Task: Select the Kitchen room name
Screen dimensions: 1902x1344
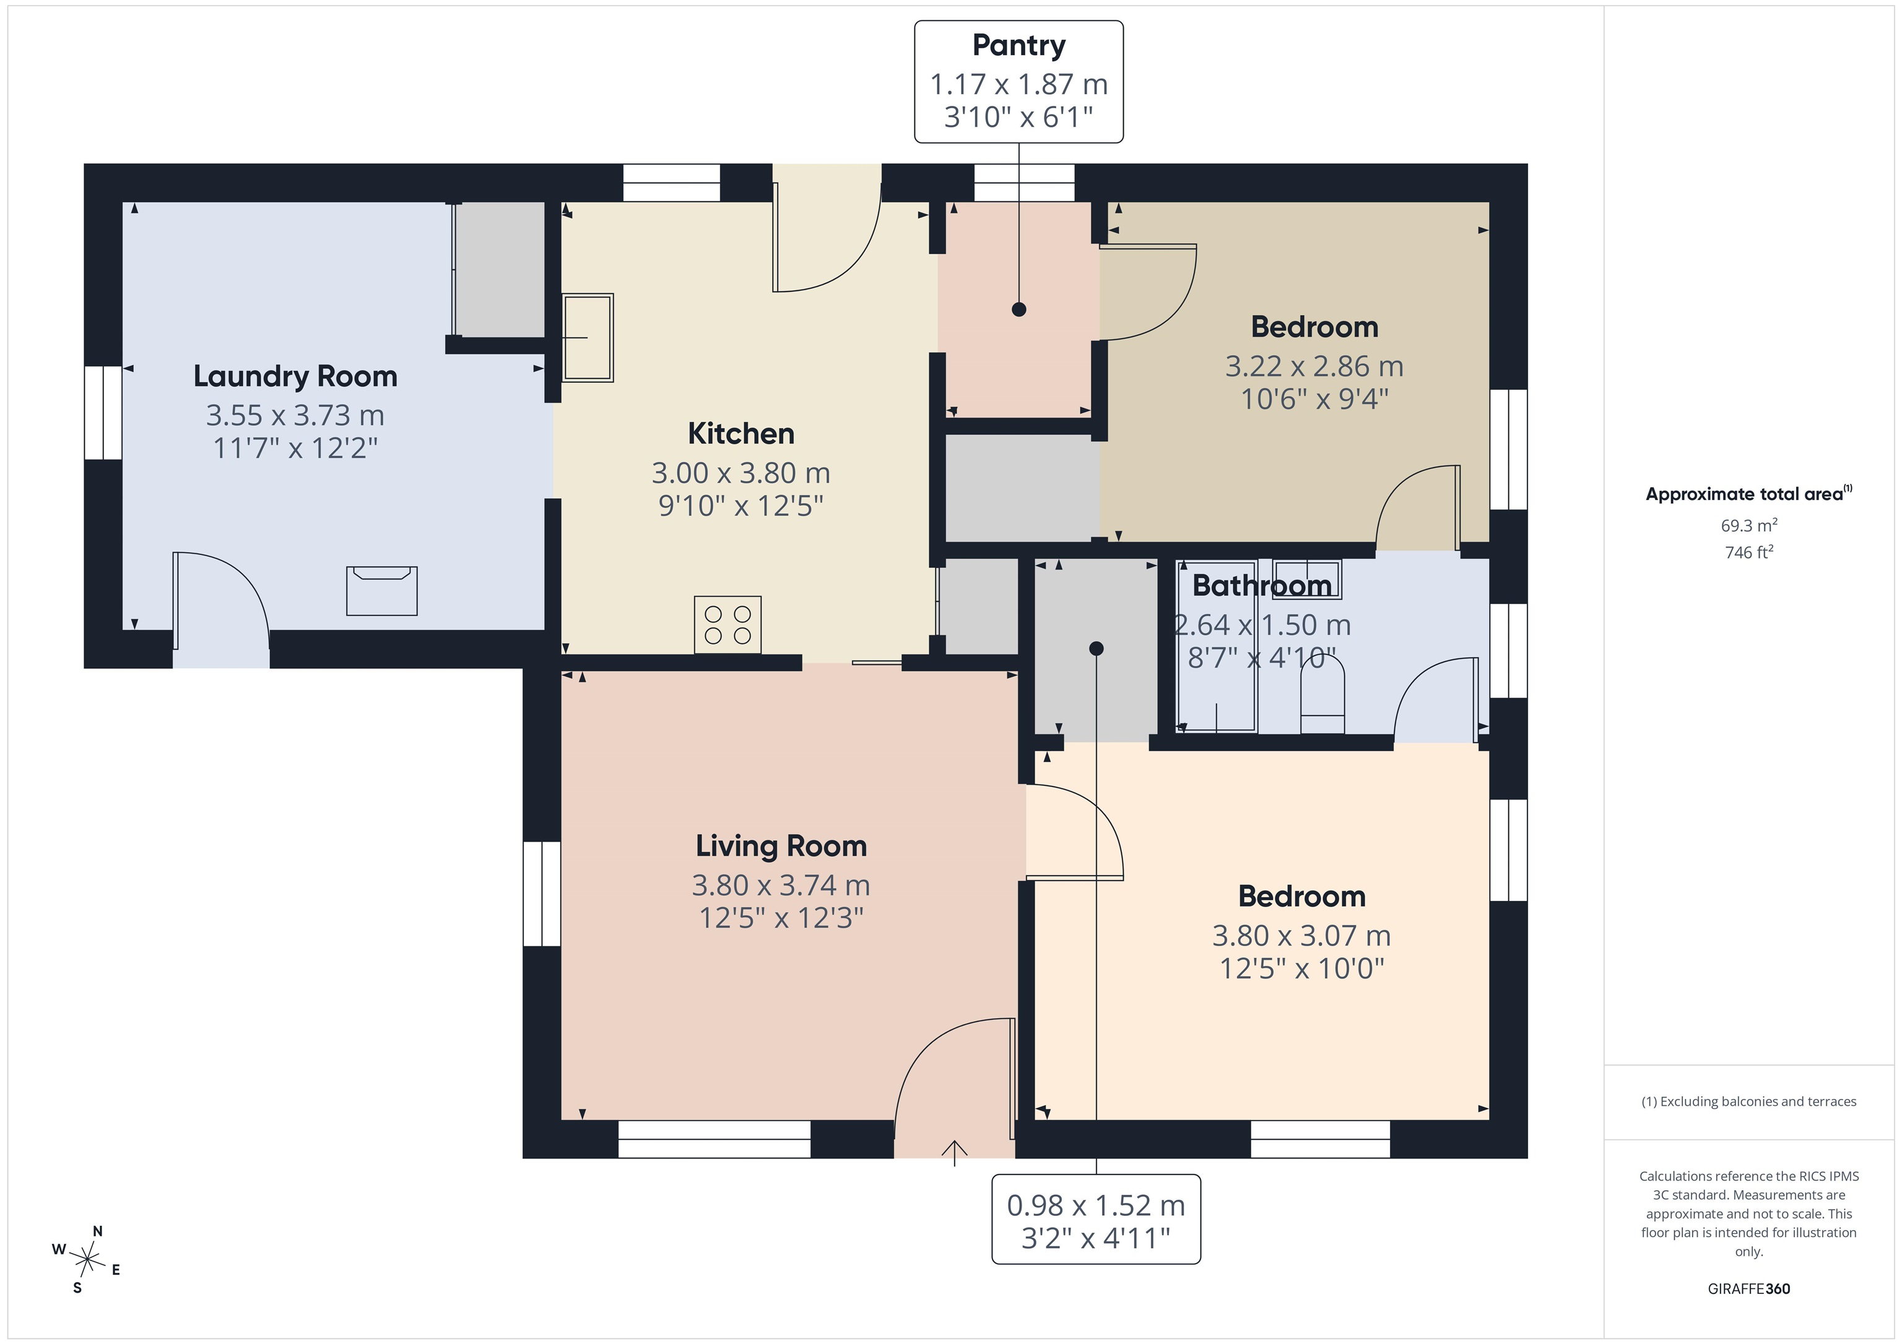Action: coord(740,433)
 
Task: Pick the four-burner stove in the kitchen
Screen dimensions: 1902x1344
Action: coord(727,624)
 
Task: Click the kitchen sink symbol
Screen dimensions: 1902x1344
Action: coord(588,337)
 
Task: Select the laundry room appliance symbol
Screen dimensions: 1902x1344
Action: coord(381,590)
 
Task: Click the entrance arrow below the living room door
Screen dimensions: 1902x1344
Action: coord(954,1153)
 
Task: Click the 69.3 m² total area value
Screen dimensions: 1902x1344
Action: coord(1748,525)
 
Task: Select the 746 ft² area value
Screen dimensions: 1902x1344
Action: coord(1748,551)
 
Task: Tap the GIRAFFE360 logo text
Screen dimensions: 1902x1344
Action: coord(1748,1288)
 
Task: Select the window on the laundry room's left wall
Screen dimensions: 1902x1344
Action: coord(103,412)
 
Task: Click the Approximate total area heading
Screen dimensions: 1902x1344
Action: coord(1748,494)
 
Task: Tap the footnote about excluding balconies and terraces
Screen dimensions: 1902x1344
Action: coord(1748,1101)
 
